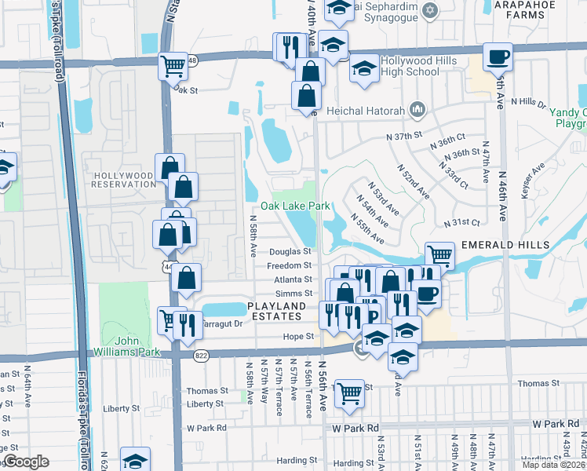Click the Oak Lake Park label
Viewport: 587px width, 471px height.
295,206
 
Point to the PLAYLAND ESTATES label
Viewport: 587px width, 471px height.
274,311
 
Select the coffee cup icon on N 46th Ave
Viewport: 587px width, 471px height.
498,58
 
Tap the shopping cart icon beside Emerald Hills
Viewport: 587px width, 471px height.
440,256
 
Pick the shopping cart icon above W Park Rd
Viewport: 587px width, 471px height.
349,393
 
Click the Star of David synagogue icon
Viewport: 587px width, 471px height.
428,10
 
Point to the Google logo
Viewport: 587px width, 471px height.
26,462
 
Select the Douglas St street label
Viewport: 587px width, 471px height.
290,252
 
